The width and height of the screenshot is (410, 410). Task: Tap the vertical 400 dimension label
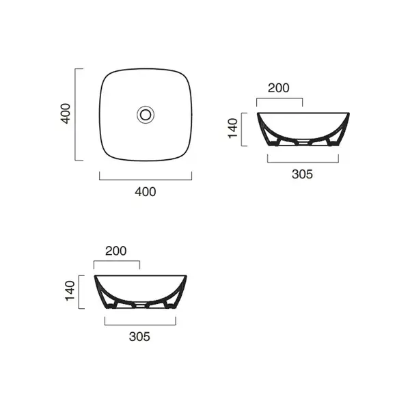tap(66, 113)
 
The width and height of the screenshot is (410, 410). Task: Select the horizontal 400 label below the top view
tap(146, 192)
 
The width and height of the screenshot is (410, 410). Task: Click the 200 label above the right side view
tap(279, 88)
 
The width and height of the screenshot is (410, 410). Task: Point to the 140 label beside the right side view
tap(233, 128)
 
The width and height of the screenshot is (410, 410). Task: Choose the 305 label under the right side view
tap(302, 174)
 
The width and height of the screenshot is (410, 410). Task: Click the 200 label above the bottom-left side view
tap(116, 251)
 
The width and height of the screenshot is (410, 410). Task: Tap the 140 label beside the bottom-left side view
tap(70, 291)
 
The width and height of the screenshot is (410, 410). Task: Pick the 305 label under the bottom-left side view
tap(139, 337)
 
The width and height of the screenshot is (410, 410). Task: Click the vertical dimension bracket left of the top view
tap(75, 115)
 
